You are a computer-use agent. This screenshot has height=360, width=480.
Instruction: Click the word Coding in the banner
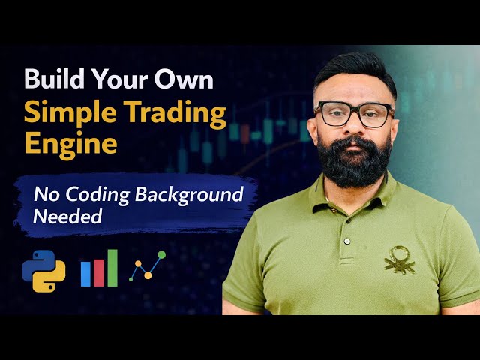(x=96, y=195)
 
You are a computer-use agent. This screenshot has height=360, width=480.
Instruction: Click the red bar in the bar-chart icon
(x=99, y=271)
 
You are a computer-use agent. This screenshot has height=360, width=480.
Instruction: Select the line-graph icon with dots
(x=147, y=266)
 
